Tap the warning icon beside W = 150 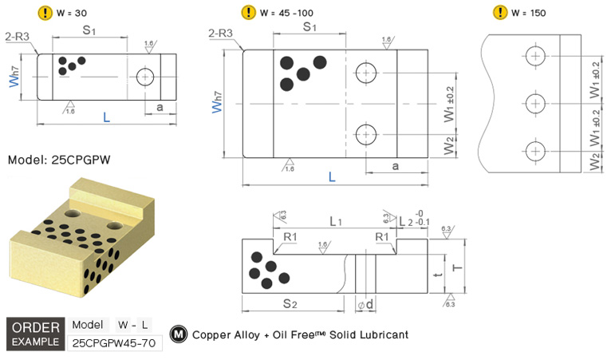coord(500,12)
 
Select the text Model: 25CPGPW coord(58,160)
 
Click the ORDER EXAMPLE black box coord(35,334)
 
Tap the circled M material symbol coord(179,334)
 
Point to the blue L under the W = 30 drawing coord(106,118)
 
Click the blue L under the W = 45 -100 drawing coord(332,176)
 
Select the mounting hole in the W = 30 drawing coord(144,77)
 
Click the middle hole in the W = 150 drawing coord(535,102)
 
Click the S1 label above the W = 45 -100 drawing coord(310,27)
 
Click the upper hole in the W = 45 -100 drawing coord(366,72)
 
